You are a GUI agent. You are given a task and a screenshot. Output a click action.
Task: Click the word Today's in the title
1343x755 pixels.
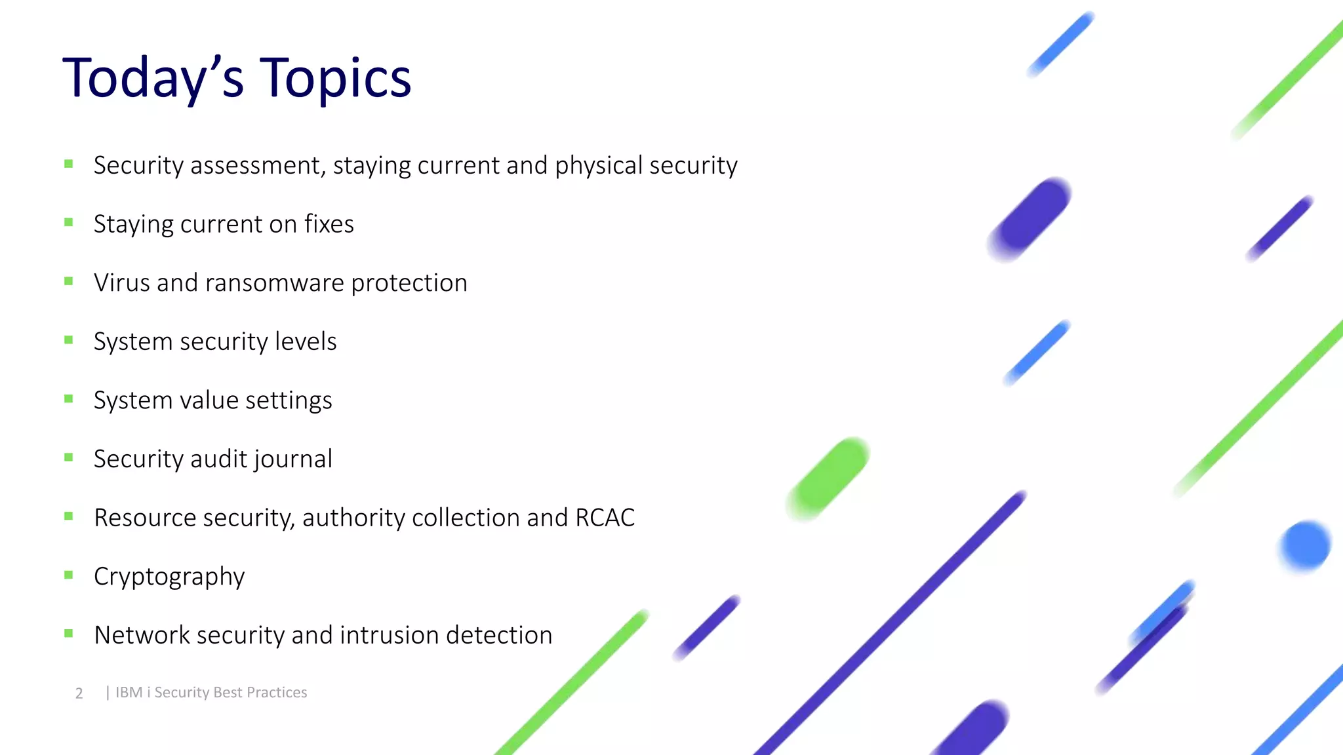click(x=153, y=79)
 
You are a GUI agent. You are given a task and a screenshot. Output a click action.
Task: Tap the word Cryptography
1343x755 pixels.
click(x=169, y=577)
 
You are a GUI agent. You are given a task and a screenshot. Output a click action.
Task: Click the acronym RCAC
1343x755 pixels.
click(x=605, y=518)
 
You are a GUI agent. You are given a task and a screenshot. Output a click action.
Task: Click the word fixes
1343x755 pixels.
click(x=329, y=224)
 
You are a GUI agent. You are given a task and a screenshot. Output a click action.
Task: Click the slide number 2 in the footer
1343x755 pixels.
click(x=79, y=693)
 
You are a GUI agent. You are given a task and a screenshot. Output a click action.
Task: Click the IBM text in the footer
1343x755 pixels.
click(x=129, y=693)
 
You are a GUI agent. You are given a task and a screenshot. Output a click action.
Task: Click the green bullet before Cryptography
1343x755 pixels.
click(x=69, y=575)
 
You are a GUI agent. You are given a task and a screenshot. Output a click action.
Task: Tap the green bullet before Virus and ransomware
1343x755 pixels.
click(x=69, y=281)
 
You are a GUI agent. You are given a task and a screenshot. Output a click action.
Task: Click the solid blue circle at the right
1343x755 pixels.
click(x=1305, y=545)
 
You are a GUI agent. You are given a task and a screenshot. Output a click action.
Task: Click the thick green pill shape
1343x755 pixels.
click(x=828, y=478)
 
